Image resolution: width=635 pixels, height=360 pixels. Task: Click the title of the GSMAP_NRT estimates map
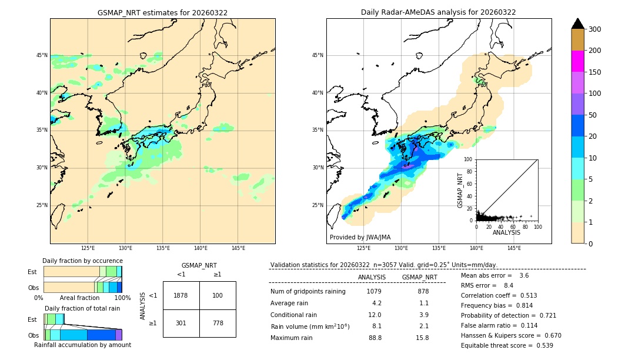click(162, 12)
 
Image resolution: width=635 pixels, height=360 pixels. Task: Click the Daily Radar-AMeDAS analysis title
click(439, 12)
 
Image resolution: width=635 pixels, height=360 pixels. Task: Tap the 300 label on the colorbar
click(594, 29)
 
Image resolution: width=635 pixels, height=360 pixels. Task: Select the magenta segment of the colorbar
click(577, 61)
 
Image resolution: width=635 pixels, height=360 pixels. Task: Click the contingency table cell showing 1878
click(181, 295)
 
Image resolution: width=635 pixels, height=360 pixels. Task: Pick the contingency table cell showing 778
click(218, 323)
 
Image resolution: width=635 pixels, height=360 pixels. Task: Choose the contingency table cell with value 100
click(218, 295)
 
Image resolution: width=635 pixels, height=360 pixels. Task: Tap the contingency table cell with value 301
click(181, 323)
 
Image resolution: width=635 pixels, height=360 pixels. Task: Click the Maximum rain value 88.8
click(375, 338)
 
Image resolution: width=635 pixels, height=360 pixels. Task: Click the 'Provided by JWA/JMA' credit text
click(360, 237)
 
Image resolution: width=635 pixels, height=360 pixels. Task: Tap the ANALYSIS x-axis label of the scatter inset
click(506, 232)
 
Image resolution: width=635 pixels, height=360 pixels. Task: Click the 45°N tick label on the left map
click(42, 55)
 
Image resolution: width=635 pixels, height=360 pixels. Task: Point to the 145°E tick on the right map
click(514, 248)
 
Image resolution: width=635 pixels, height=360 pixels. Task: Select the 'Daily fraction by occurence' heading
click(82, 261)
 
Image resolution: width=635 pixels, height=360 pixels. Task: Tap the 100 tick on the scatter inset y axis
click(469, 159)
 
